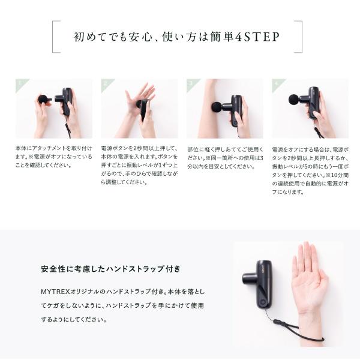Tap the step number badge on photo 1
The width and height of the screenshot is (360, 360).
coord(20,85)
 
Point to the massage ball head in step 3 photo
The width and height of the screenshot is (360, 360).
coord(216,107)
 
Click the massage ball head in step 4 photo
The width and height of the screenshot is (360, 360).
coord(293,99)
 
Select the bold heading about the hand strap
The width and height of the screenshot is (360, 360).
coord(110,268)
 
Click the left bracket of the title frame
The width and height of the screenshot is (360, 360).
coord(55,37)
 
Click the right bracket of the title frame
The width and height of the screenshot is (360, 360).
coord(299,37)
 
